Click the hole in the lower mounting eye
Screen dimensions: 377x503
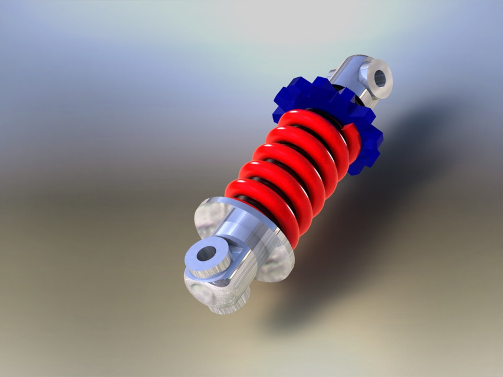point(206,254)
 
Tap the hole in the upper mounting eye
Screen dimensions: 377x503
point(379,78)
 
